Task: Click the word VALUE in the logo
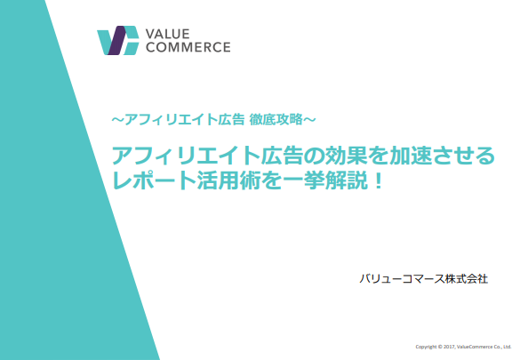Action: (x=167, y=34)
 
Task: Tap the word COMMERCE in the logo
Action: (x=188, y=47)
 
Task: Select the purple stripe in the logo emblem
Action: (x=116, y=40)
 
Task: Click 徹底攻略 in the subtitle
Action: (x=276, y=119)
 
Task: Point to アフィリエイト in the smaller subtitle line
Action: (x=172, y=119)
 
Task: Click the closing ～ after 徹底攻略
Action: (x=309, y=119)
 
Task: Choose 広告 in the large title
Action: (x=282, y=156)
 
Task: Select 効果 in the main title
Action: (x=346, y=156)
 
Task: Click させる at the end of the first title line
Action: (x=463, y=156)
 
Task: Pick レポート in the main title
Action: (x=155, y=181)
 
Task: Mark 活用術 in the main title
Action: (x=228, y=181)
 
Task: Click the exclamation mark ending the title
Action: (x=378, y=180)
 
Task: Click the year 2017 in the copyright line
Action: (x=449, y=347)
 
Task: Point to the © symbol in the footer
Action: (x=440, y=347)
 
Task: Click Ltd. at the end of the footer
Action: (x=508, y=347)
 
